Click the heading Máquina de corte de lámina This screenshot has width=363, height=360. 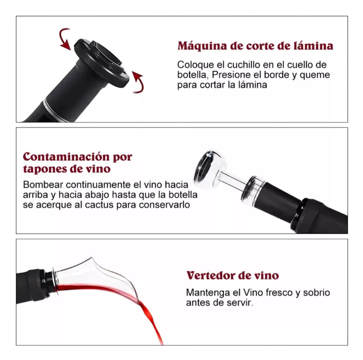255,46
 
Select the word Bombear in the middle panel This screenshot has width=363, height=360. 42,185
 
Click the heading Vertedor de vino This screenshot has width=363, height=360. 232,276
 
